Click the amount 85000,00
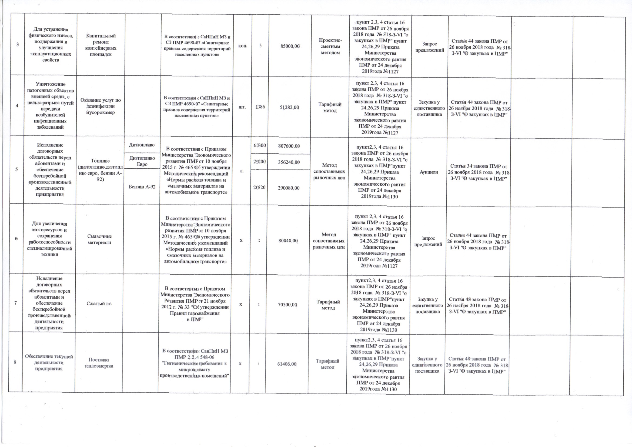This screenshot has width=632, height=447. pyautogui.click(x=290, y=46)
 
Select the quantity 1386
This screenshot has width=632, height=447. pyautogui.click(x=260, y=107)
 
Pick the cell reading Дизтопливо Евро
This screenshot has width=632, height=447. pyautogui.click(x=142, y=161)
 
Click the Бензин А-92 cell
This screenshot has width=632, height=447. pyautogui.click(x=142, y=187)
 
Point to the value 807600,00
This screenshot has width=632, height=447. pyautogui.click(x=289, y=146)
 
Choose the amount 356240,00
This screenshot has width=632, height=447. pyautogui.click(x=289, y=162)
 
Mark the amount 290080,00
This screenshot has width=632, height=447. pyautogui.click(x=289, y=188)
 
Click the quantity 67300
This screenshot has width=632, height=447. pyautogui.click(x=260, y=146)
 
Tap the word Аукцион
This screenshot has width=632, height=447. pyautogui.click(x=429, y=172)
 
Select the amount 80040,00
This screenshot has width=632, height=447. pyautogui.click(x=288, y=241)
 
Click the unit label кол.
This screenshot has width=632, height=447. pyautogui.click(x=242, y=46)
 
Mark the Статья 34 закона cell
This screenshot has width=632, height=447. pyautogui.click(x=479, y=172)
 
